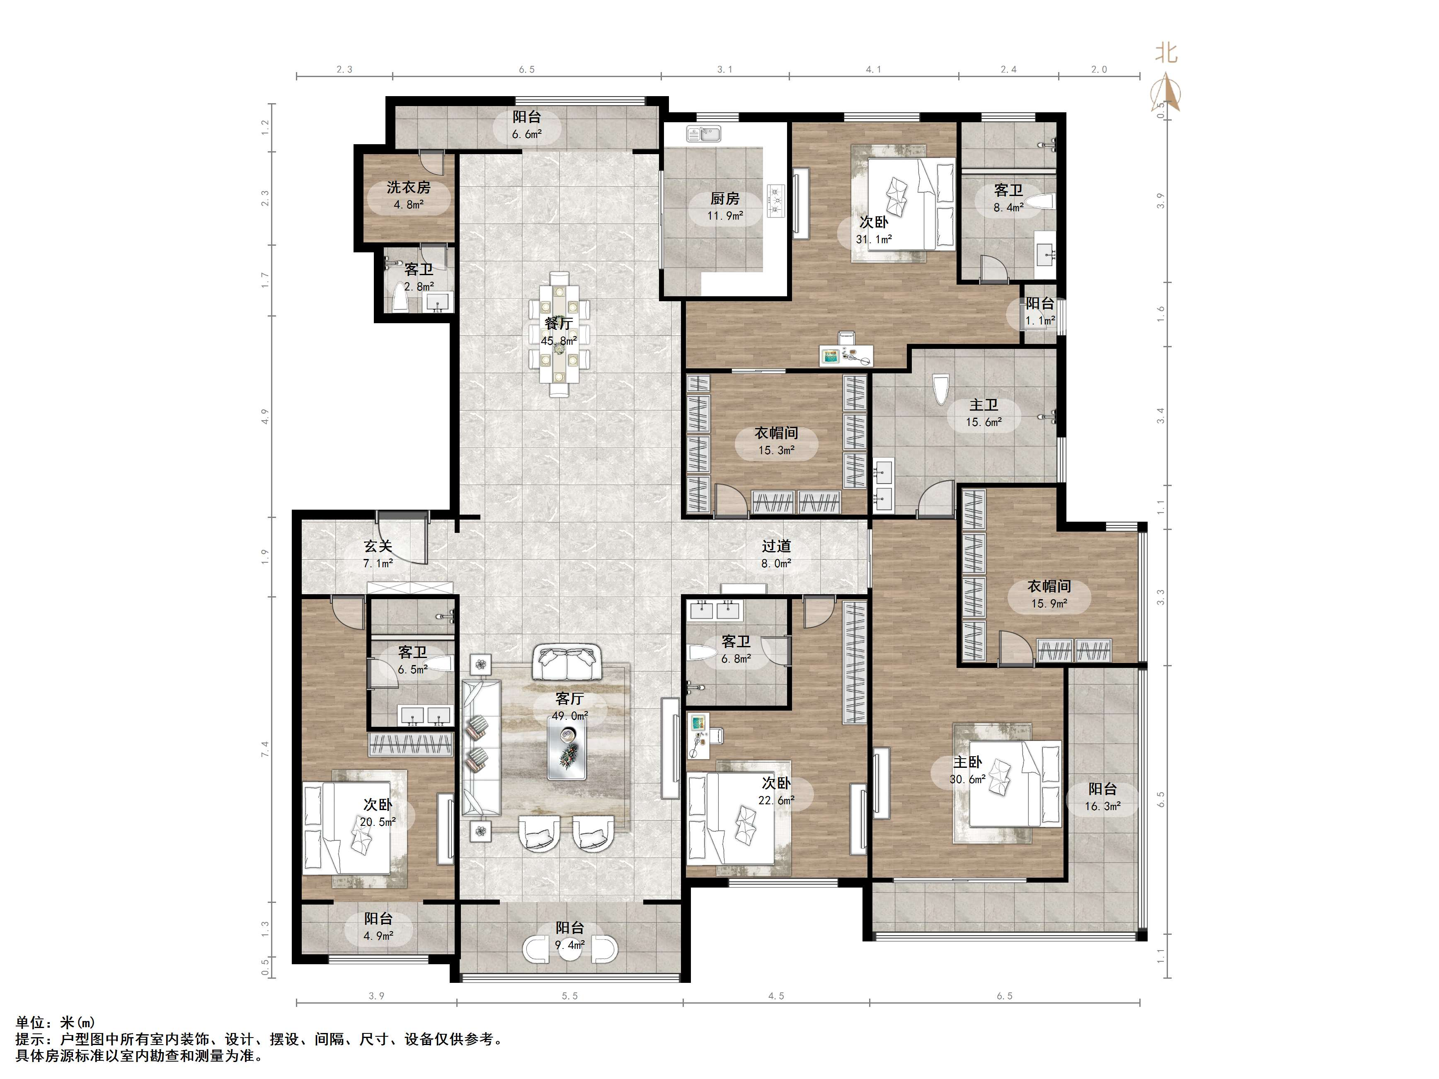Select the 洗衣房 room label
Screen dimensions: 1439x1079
(x=409, y=187)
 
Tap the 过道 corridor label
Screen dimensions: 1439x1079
(x=776, y=546)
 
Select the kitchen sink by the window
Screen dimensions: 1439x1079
(x=703, y=134)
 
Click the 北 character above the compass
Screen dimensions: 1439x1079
(x=1166, y=52)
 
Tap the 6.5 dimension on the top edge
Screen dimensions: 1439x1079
(x=526, y=69)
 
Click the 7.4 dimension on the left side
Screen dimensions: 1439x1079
(x=265, y=749)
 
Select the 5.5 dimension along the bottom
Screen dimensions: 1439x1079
(x=569, y=996)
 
